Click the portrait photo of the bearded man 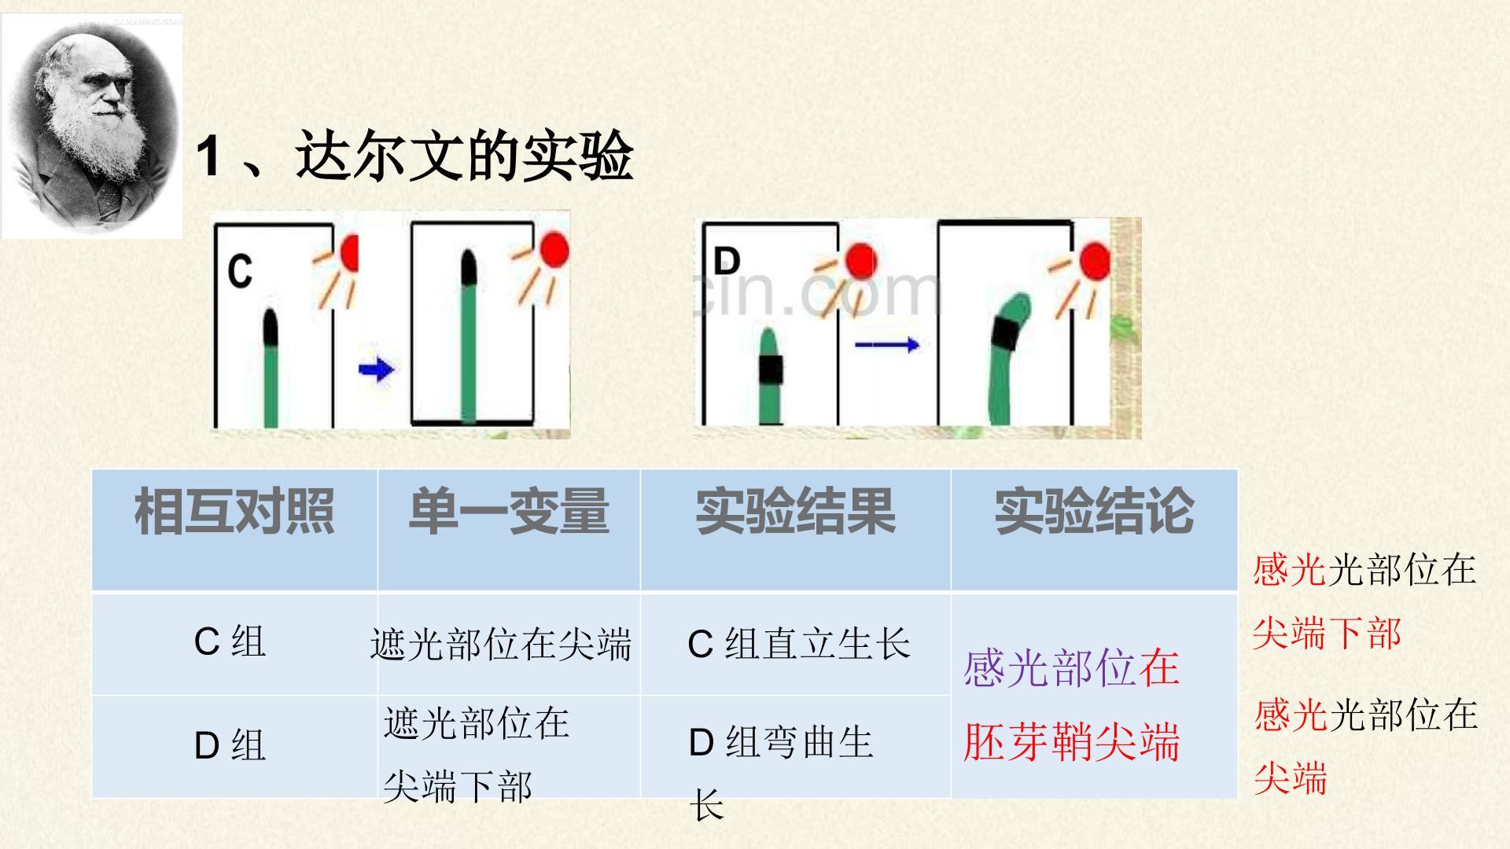coord(92,126)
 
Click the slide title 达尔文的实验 coord(465,156)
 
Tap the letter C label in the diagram coord(240,270)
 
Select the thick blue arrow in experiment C coord(376,369)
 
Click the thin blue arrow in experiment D coord(886,344)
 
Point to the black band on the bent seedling coord(1006,334)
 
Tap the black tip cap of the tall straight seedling coord(469,267)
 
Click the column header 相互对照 coord(234,512)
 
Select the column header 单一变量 coord(509,512)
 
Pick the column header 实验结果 coord(795,512)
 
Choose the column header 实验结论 coord(1094,512)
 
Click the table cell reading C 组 coord(230,642)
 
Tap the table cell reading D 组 coord(230,744)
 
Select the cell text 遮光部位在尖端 coord(501,645)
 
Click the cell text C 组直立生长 coord(799,644)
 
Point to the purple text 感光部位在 coord(1071,668)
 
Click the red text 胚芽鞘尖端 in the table coord(1071,741)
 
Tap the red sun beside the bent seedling coord(1096,261)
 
